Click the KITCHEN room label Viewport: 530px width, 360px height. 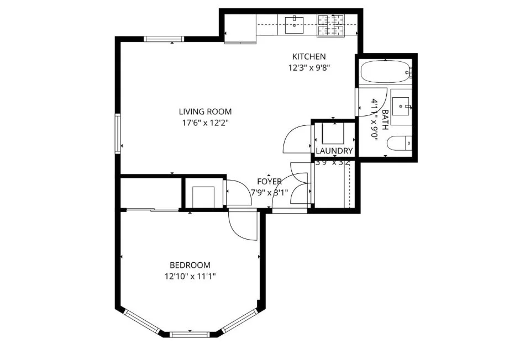[309, 56]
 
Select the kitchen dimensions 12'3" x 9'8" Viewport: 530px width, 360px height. [309, 68]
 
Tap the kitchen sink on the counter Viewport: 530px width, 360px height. [296, 22]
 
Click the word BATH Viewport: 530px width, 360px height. [386, 118]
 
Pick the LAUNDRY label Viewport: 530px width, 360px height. [334, 151]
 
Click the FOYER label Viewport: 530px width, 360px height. [270, 182]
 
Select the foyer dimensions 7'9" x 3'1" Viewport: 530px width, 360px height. [270, 193]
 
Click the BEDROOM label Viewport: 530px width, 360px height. [190, 265]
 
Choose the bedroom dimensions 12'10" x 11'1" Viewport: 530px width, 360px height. [190, 277]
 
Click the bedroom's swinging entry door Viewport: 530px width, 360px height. [243, 225]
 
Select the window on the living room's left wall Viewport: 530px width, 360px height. [118, 133]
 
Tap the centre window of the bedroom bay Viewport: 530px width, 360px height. [190, 334]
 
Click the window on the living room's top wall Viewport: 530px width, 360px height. [164, 39]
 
